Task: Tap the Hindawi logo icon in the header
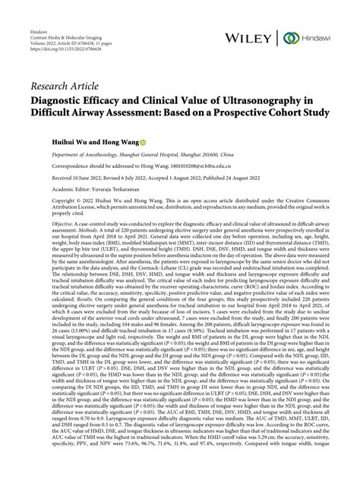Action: tap(290, 38)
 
